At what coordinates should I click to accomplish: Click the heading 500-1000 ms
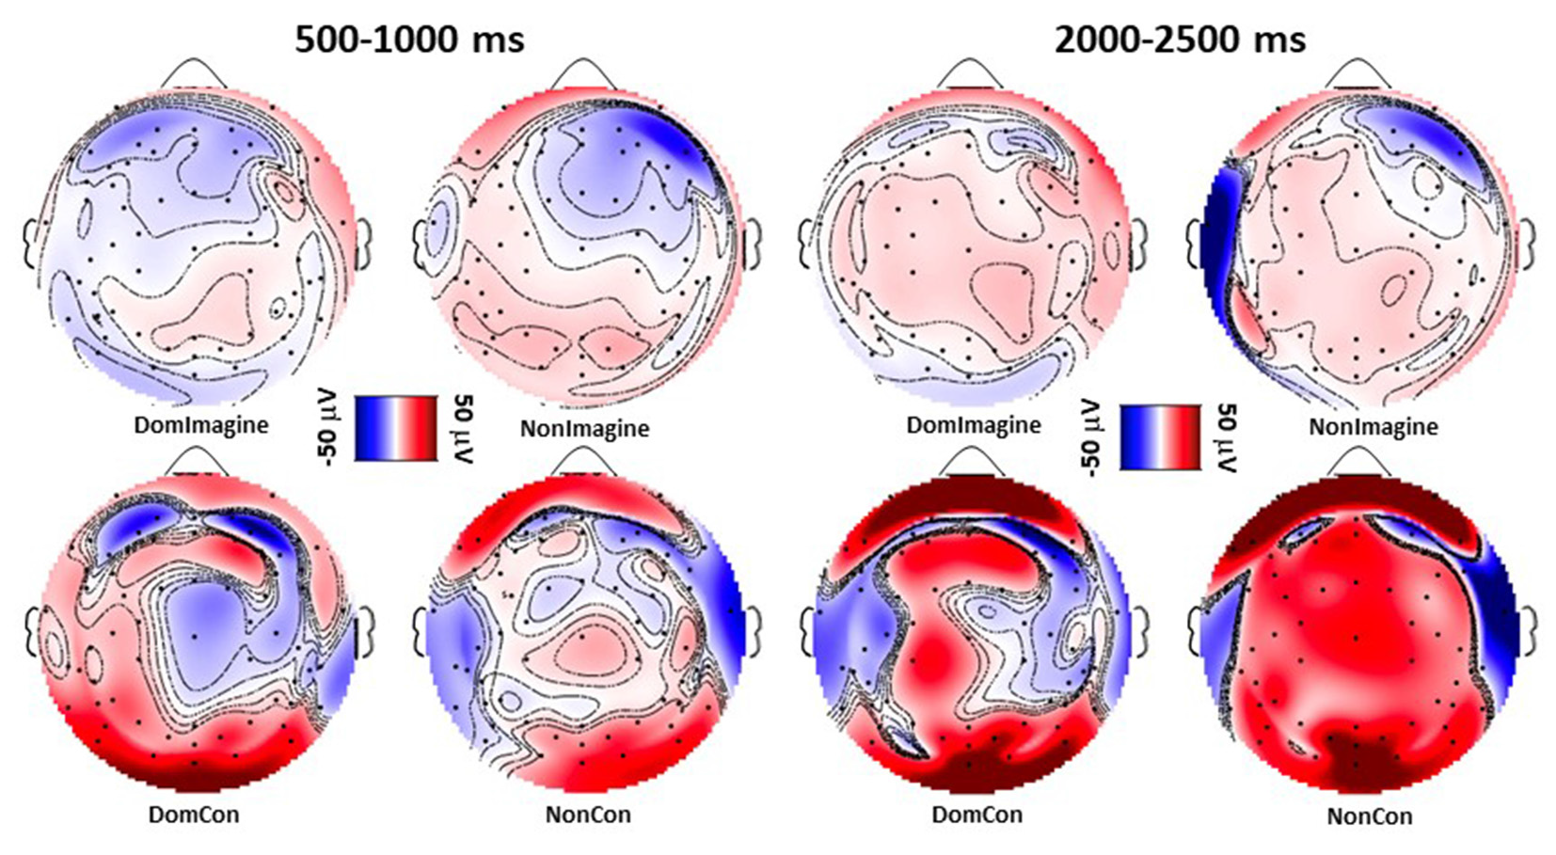409,40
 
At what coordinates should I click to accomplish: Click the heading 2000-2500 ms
1180,40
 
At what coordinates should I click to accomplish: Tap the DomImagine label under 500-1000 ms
200,425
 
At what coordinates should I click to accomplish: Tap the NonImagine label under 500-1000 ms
584,429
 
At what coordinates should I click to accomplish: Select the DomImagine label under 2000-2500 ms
974,425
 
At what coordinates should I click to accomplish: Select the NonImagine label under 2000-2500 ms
1373,427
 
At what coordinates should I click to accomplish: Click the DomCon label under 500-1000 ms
194,815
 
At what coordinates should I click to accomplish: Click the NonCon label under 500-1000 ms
588,815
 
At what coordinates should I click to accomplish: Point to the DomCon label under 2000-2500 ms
976,815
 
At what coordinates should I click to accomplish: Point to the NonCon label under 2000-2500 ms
1370,816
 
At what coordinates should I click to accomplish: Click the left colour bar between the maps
396,428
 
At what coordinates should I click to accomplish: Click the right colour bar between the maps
1159,436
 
